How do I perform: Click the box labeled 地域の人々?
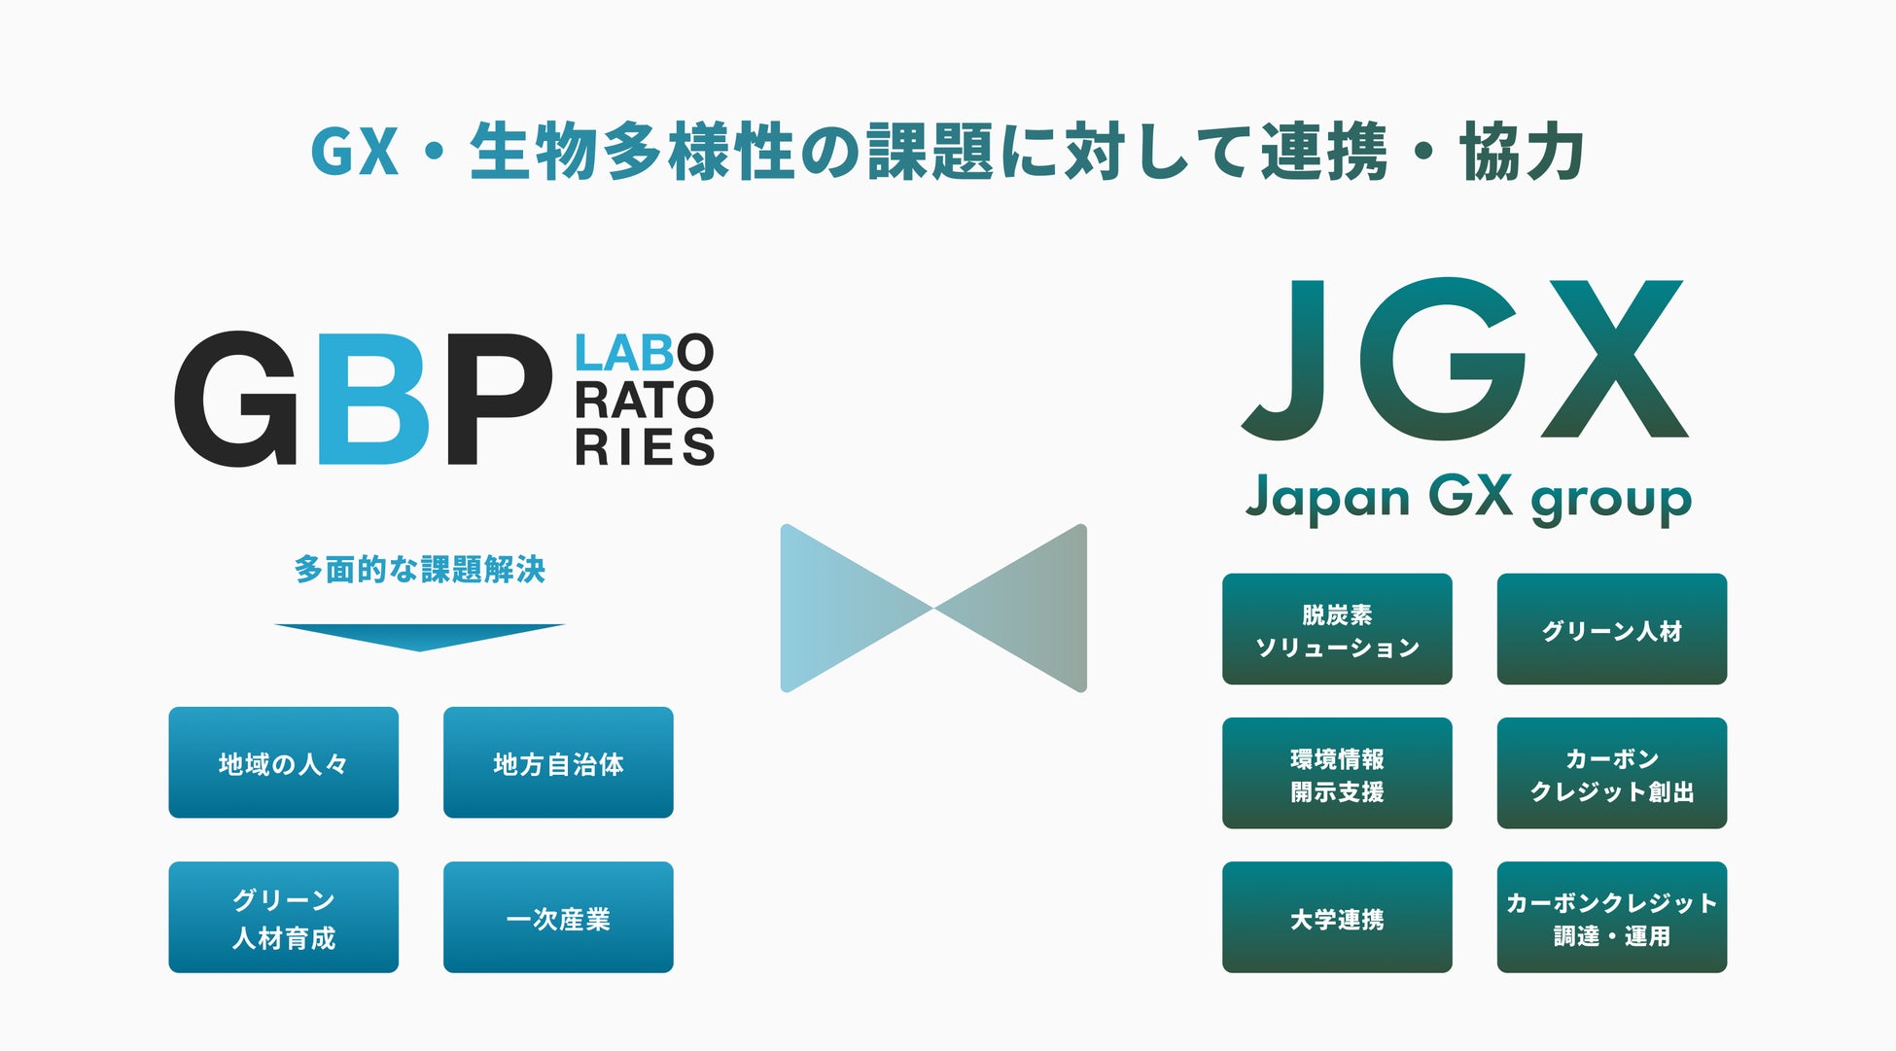click(283, 762)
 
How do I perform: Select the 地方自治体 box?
click(558, 762)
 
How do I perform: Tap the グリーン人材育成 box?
click(283, 917)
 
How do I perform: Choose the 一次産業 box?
click(558, 917)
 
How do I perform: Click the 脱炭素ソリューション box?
click(1337, 629)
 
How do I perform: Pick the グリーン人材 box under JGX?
click(1611, 629)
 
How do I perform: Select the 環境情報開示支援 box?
click(1337, 773)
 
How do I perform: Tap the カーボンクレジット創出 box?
click(1611, 773)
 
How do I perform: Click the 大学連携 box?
click(1337, 917)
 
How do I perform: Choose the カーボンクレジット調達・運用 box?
click(1611, 917)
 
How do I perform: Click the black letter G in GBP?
click(236, 399)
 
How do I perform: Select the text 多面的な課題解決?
click(420, 569)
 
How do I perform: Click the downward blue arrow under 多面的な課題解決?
click(420, 636)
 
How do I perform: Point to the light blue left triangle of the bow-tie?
click(836, 608)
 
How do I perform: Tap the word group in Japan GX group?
click(1611, 500)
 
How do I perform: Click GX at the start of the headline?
click(355, 153)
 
